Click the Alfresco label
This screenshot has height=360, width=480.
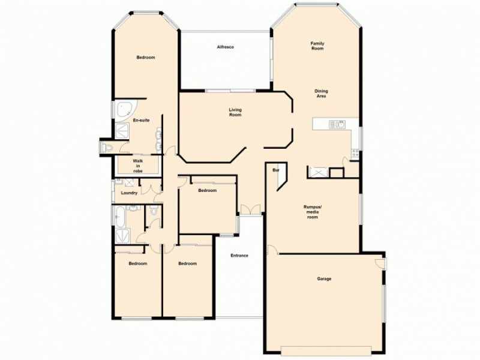(225, 47)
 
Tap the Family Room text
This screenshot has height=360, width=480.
(317, 46)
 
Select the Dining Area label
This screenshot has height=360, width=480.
(322, 94)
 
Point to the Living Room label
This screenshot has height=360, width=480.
(235, 112)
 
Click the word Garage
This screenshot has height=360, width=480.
(324, 278)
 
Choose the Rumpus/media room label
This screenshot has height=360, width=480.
(313, 211)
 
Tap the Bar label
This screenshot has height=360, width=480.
(277, 170)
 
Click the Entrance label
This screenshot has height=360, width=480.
(239, 256)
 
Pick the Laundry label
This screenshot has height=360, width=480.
(129, 193)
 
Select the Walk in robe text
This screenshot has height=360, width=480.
(138, 166)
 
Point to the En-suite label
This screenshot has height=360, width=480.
(141, 121)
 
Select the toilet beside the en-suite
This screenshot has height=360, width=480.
(107, 147)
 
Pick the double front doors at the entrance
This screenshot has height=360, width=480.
(250, 209)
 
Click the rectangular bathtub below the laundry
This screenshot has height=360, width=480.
(119, 215)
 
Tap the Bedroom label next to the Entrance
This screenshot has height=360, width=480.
(188, 263)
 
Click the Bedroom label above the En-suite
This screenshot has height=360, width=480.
(146, 58)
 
